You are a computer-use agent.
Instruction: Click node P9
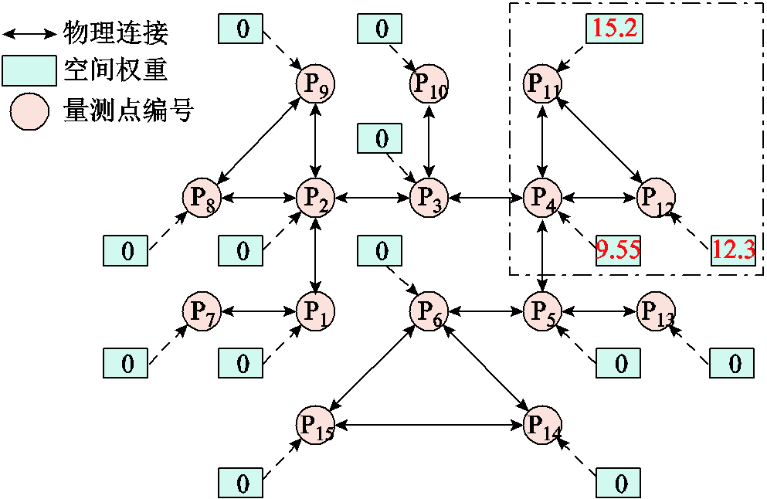[x=315, y=83]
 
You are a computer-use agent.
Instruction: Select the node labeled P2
[x=315, y=199]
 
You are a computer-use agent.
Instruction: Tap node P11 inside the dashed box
[x=542, y=83]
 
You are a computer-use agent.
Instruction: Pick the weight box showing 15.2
[x=613, y=29]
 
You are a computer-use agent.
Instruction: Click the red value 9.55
[x=618, y=249]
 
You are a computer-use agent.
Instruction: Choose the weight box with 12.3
[x=733, y=249]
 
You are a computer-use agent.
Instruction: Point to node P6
[x=429, y=311]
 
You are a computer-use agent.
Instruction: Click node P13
[x=656, y=311]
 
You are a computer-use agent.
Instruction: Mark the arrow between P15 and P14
[x=429, y=425]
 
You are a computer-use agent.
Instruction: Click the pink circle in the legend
[x=29, y=113]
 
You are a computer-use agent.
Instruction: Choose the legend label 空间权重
[x=117, y=73]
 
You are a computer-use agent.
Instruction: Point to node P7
[x=201, y=311]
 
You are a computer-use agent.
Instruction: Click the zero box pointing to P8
[x=126, y=250]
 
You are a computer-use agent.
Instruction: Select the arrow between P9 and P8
[x=258, y=141]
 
